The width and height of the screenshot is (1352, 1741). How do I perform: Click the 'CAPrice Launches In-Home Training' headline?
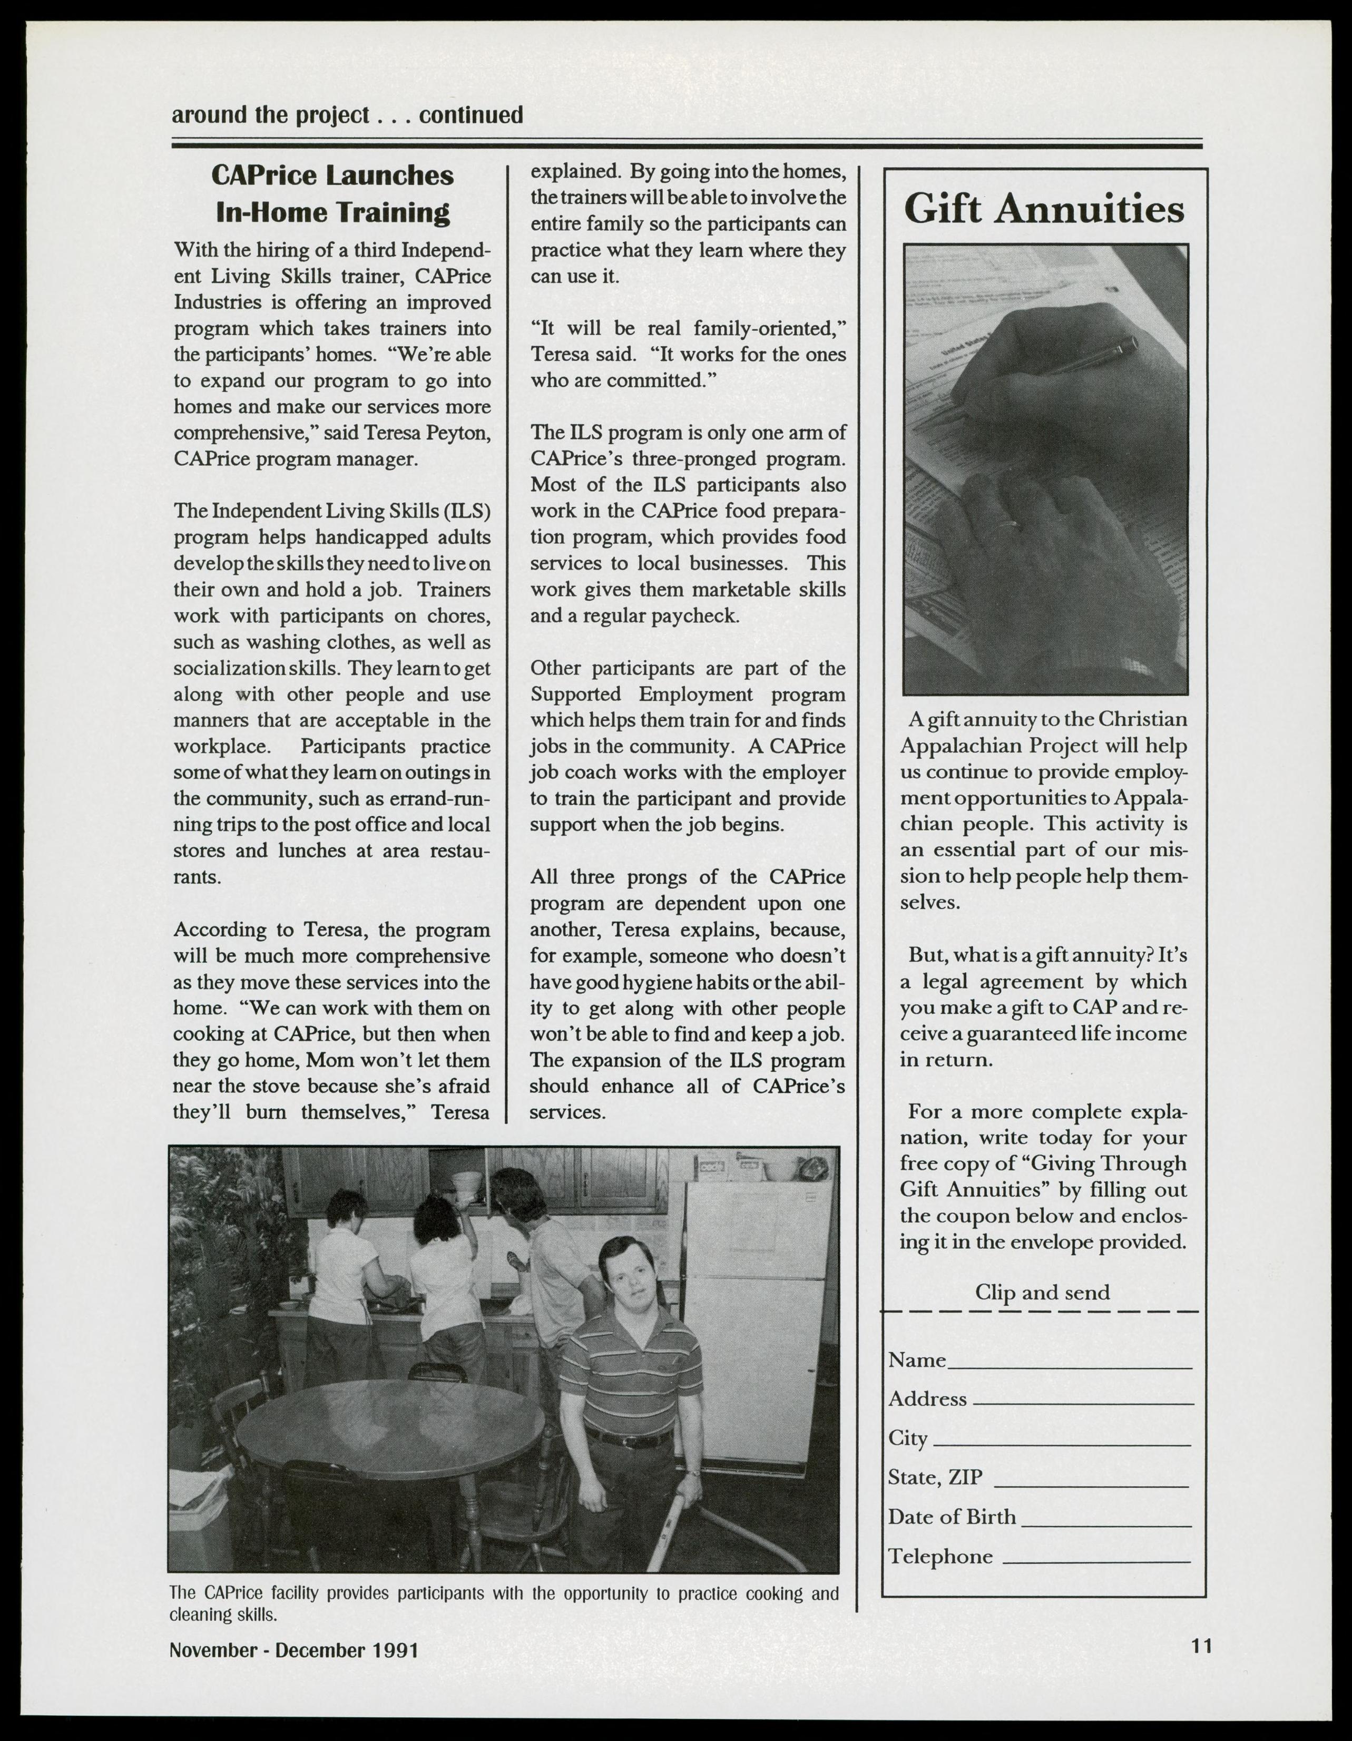click(332, 194)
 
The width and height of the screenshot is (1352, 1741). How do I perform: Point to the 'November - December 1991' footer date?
click(294, 1649)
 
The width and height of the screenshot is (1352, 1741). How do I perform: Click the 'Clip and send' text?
click(1042, 1292)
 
